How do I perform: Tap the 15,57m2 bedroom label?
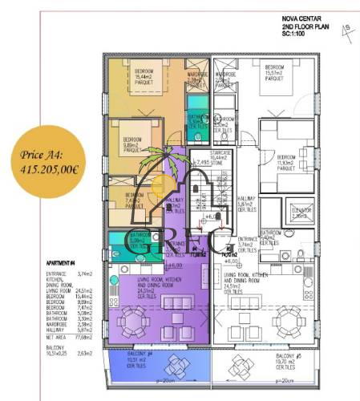273,74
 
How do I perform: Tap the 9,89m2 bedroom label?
130,147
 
